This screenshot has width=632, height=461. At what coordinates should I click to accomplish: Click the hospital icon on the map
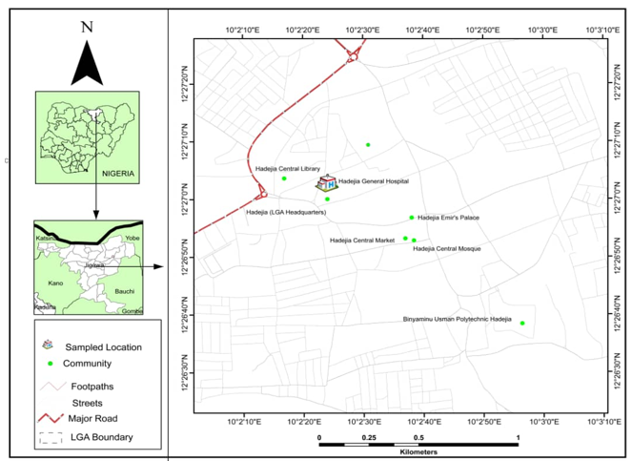(x=326, y=181)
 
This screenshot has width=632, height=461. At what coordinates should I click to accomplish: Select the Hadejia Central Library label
(x=287, y=169)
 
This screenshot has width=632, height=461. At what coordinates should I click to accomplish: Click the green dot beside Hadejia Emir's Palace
(x=412, y=218)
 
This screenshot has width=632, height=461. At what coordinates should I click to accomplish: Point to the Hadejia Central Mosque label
(x=446, y=248)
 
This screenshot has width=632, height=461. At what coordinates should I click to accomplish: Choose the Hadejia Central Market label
(x=362, y=241)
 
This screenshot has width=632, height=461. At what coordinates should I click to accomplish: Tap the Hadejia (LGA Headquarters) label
(x=286, y=211)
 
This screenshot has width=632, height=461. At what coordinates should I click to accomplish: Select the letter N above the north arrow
(x=87, y=27)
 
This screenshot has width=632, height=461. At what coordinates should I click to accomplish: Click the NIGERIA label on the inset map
(x=115, y=175)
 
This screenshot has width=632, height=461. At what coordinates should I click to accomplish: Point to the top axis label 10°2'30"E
(x=362, y=31)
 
